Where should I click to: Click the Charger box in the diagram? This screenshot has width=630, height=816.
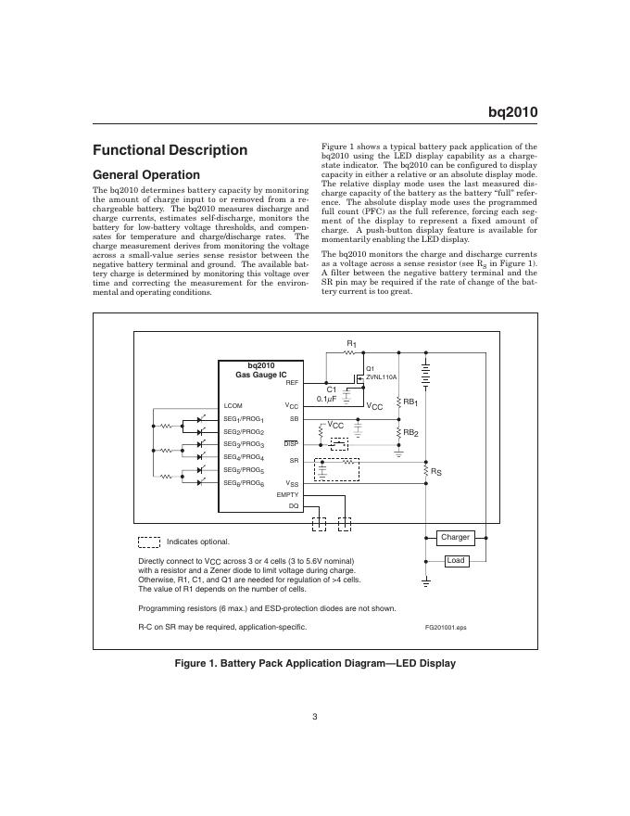point(455,538)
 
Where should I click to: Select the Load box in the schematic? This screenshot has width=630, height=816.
point(455,561)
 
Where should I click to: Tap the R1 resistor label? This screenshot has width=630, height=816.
point(352,345)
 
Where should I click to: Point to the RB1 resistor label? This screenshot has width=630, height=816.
point(410,402)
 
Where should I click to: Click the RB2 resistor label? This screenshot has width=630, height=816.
point(410,433)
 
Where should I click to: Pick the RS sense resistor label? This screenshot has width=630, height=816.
point(435,472)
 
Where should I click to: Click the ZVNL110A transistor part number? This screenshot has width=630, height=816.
point(382,377)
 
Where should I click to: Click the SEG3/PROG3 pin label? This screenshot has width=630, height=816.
point(245,444)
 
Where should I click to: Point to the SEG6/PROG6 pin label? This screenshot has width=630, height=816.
point(245,483)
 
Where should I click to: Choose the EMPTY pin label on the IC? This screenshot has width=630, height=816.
point(288,495)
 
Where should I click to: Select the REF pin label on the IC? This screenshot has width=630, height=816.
point(292,382)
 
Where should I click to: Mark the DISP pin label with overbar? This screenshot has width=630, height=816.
point(291,443)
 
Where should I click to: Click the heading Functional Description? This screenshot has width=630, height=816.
point(170,150)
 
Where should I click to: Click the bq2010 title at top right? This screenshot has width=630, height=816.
point(512,112)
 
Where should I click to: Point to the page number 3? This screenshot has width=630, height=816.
point(315,716)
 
